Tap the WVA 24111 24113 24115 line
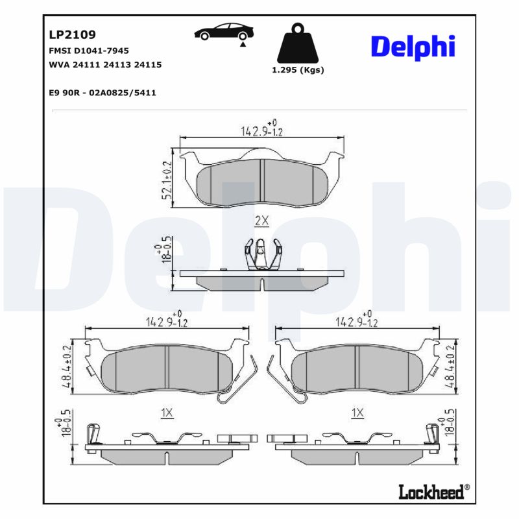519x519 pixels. tap(105, 65)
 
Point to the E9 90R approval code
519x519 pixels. tap(103, 93)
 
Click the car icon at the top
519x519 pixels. tap(224, 33)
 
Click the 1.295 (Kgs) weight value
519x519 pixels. tap(298, 70)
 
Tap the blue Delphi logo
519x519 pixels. tap(413, 46)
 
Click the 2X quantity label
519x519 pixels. tap(261, 221)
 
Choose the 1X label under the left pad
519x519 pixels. tap(167, 413)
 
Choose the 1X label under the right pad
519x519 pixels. tap(357, 413)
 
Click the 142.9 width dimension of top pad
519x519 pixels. tap(262, 130)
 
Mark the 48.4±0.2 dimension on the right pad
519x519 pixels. tap(450, 367)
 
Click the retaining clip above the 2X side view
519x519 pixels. tap(261, 253)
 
